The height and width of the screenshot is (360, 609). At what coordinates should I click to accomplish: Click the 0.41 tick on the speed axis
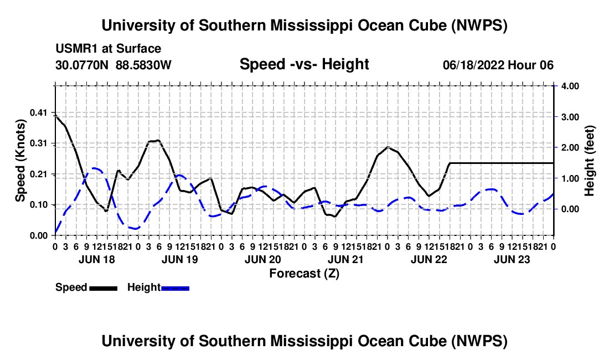38,113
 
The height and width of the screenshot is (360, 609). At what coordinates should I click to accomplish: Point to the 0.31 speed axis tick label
38,143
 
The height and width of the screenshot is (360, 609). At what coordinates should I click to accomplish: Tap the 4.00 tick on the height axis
570,86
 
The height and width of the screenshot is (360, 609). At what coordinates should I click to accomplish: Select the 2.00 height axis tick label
570,147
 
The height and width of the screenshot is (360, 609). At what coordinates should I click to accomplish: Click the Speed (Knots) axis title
20,161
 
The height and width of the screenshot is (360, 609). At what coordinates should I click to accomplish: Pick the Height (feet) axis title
589,161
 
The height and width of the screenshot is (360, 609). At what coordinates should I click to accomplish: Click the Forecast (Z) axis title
304,274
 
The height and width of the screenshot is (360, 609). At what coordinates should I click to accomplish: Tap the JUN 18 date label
97,260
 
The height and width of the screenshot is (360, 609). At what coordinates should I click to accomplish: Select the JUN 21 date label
345,260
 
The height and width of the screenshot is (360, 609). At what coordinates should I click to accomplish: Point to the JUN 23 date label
512,260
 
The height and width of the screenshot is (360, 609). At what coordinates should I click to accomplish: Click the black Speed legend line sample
104,289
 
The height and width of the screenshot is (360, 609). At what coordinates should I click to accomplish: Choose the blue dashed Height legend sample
175,289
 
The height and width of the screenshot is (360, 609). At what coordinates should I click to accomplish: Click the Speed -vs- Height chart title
304,64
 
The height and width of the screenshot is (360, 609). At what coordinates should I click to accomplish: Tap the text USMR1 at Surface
109,49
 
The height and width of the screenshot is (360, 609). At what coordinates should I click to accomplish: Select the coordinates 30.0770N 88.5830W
113,65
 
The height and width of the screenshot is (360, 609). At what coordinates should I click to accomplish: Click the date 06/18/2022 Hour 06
498,65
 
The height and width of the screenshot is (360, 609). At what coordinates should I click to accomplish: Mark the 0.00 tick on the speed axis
38,236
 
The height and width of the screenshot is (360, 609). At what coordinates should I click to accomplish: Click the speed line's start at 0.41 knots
55,115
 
